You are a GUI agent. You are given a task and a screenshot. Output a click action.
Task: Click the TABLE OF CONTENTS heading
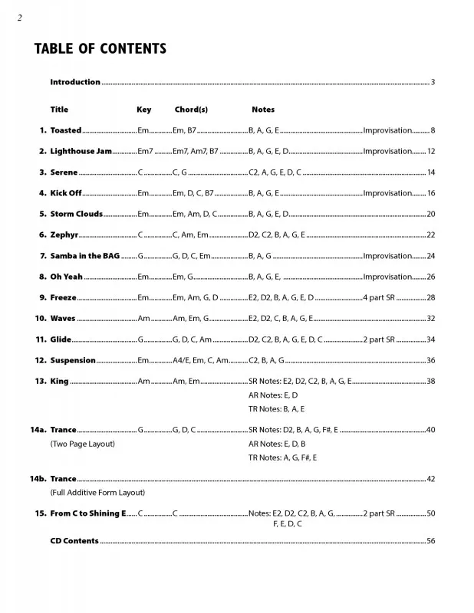100,50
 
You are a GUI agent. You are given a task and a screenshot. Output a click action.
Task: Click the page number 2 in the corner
18,18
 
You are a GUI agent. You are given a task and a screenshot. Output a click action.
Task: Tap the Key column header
144,110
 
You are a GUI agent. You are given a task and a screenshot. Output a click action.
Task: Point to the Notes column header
262,110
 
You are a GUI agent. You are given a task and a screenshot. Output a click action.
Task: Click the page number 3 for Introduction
433,82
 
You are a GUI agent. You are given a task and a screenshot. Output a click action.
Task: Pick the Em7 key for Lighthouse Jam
146,152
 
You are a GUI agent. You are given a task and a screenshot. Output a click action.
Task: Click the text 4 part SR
378,297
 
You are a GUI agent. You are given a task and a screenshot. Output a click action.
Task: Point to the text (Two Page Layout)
82,444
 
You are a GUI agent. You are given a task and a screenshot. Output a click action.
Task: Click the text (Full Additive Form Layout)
97,492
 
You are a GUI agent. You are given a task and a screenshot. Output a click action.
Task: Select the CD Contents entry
74,541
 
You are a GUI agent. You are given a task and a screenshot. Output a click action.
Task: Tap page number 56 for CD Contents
431,541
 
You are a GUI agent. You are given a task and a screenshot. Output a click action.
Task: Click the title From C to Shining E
87,513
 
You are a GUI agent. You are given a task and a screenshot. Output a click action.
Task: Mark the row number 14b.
38,479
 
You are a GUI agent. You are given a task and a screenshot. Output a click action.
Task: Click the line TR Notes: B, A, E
276,409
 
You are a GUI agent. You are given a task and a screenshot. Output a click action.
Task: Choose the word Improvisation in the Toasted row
387,131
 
